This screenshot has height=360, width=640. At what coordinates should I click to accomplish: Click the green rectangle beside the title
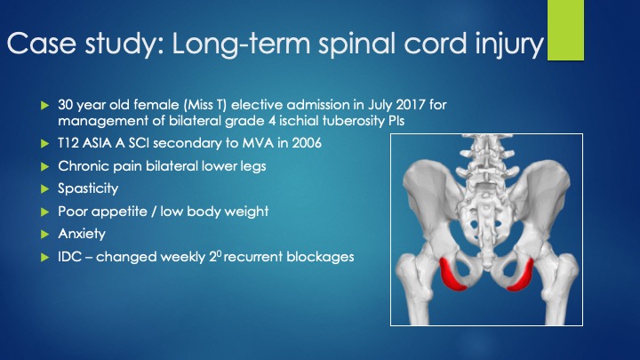click(565, 30)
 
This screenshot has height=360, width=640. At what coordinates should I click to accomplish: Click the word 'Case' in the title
click(41, 43)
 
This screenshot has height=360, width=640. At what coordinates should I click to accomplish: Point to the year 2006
click(307, 143)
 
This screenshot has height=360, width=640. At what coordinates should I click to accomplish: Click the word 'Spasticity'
click(88, 188)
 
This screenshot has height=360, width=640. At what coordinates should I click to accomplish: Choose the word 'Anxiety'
click(82, 234)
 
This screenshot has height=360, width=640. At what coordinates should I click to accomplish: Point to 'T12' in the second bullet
click(68, 143)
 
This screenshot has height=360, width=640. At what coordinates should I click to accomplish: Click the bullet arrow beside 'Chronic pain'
click(45, 166)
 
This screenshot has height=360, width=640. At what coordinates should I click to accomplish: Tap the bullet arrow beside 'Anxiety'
click(45, 235)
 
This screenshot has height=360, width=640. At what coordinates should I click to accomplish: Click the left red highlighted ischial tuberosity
click(452, 276)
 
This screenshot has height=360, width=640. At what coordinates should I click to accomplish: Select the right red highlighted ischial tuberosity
click(522, 276)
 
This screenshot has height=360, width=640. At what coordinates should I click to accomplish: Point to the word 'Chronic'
click(84, 165)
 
